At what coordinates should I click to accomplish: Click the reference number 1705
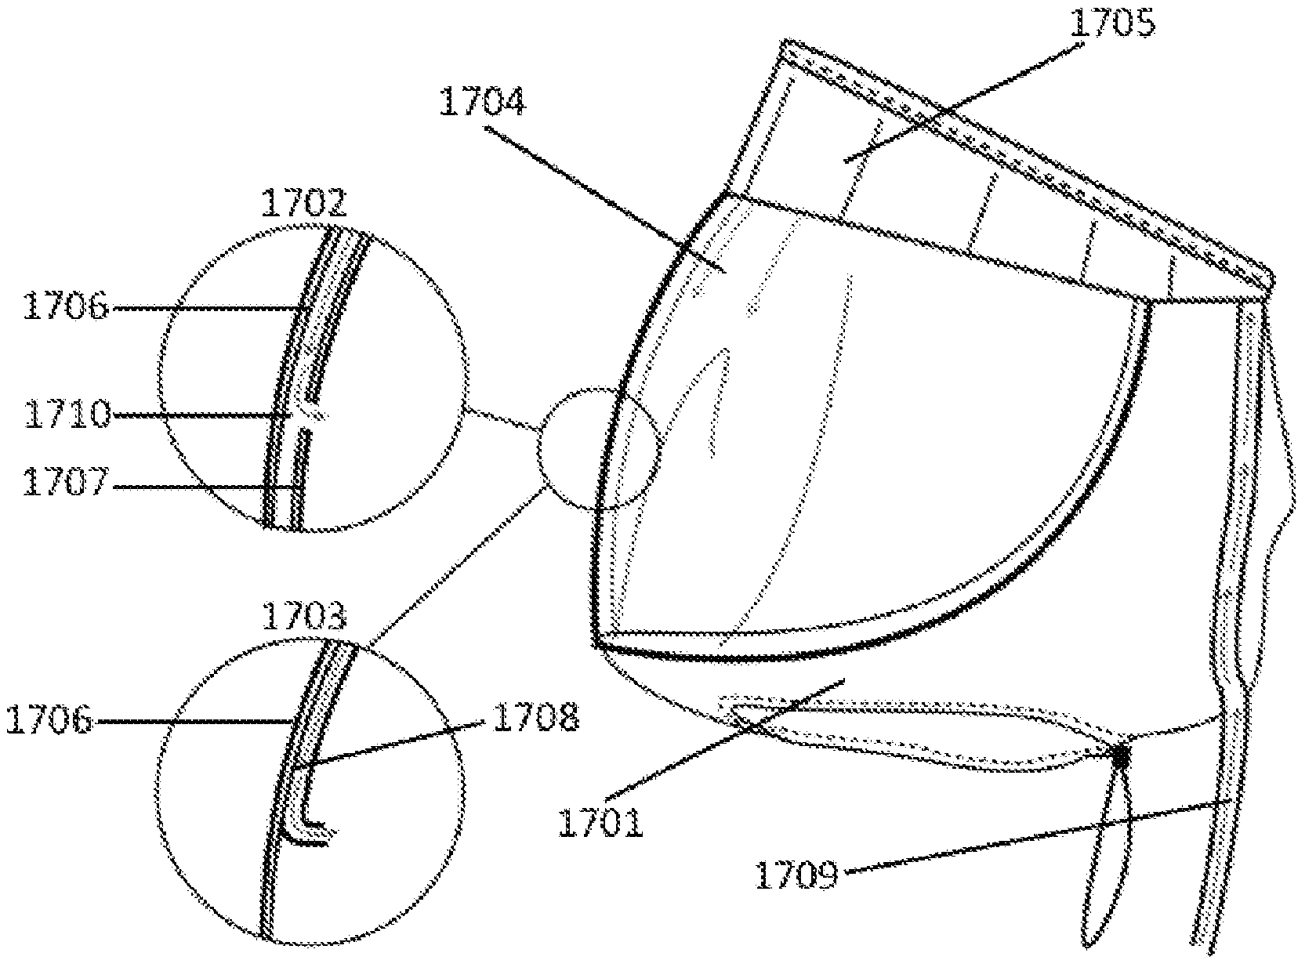pos(1111,24)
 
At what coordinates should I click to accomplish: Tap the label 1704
pos(482,101)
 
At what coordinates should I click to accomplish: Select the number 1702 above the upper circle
pos(303,203)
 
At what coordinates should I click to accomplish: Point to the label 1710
pos(67,415)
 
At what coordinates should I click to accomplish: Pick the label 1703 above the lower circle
pos(303,616)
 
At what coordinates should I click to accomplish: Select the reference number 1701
pos(600,823)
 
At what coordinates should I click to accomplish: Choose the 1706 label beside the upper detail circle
pos(66,306)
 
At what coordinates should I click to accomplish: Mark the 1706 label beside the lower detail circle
pos(49,719)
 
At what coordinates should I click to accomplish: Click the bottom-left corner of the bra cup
pos(596,645)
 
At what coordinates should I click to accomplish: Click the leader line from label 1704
pos(605,200)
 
